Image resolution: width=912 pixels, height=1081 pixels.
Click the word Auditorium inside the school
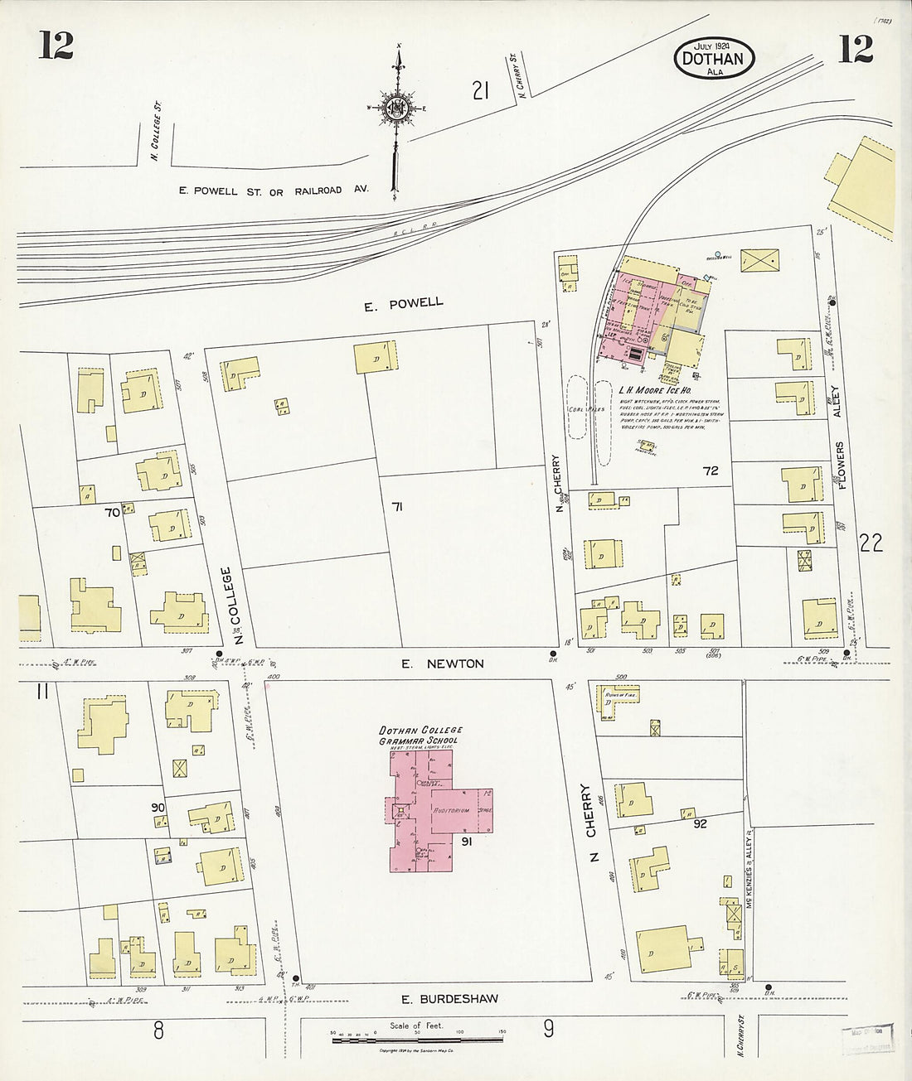click(x=452, y=809)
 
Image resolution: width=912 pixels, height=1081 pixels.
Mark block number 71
click(x=397, y=507)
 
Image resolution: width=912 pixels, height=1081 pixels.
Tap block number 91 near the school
click(x=467, y=842)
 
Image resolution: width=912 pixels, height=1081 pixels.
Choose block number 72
click(x=710, y=471)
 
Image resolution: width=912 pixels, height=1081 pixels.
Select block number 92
click(x=700, y=823)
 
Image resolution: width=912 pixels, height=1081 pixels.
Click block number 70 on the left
click(x=112, y=513)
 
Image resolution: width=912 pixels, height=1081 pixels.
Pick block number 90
click(x=158, y=807)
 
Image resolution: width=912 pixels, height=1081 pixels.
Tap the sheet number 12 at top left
click(x=56, y=47)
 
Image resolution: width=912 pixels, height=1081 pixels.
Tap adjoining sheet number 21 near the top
click(x=479, y=90)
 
